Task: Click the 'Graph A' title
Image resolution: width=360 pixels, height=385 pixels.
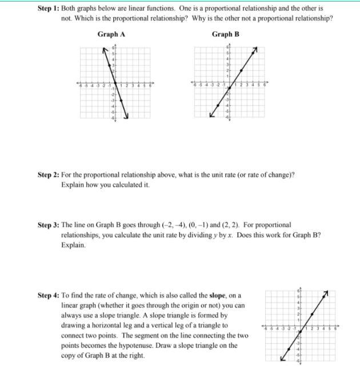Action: [111, 34]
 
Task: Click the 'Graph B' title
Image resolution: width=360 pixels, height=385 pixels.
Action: [226, 34]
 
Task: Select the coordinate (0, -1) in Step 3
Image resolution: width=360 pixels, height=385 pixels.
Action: [182, 225]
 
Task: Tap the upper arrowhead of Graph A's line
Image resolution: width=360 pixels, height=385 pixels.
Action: [103, 50]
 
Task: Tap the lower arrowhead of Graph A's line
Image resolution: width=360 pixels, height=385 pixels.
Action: [127, 116]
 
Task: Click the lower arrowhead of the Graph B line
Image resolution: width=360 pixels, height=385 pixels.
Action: [211, 116]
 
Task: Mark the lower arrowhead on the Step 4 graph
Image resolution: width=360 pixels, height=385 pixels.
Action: [282, 359]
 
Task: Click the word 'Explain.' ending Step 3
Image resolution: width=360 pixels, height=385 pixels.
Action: [73, 245]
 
